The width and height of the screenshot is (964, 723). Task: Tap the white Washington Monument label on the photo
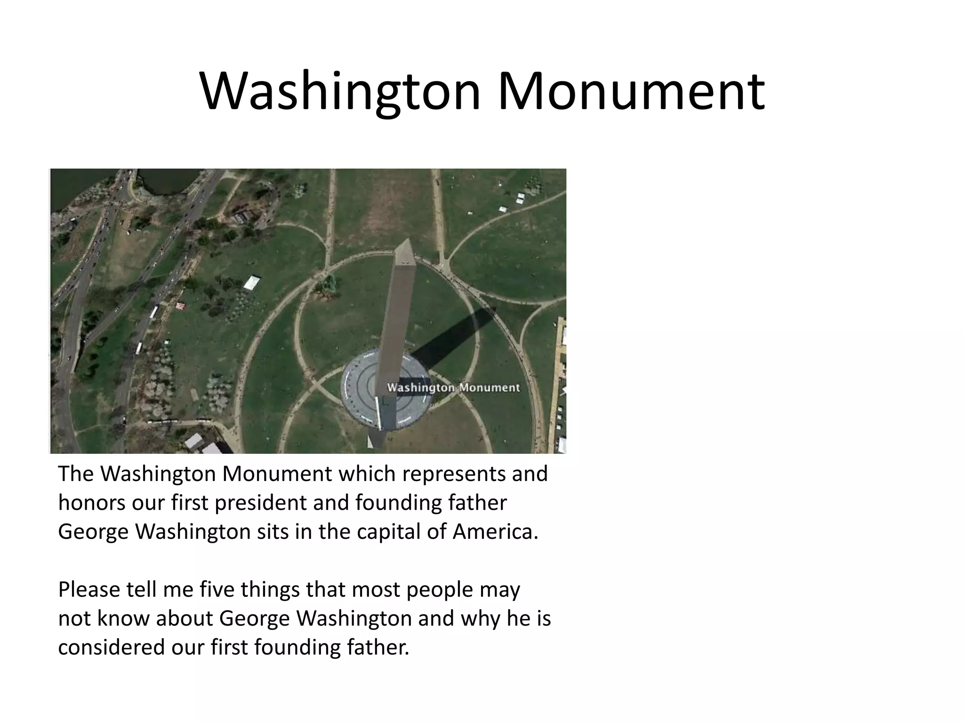[x=453, y=388]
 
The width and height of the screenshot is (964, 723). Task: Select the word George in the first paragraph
[x=93, y=532]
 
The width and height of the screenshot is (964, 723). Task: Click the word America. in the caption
[x=495, y=532]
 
